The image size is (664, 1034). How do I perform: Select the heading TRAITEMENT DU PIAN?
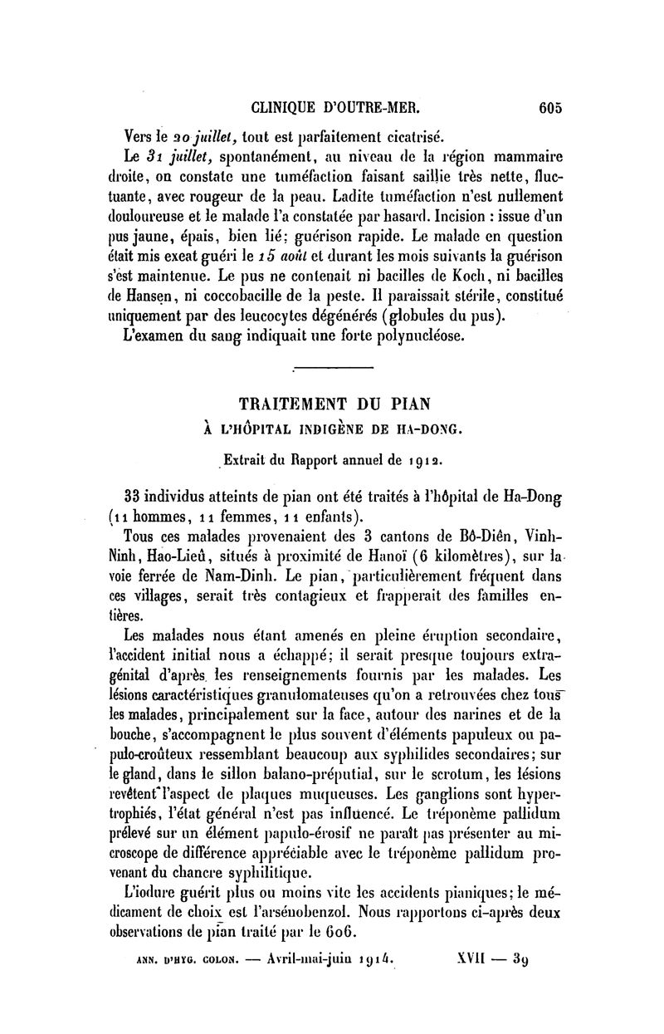click(334, 404)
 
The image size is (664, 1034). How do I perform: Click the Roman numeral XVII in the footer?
click(475, 963)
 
